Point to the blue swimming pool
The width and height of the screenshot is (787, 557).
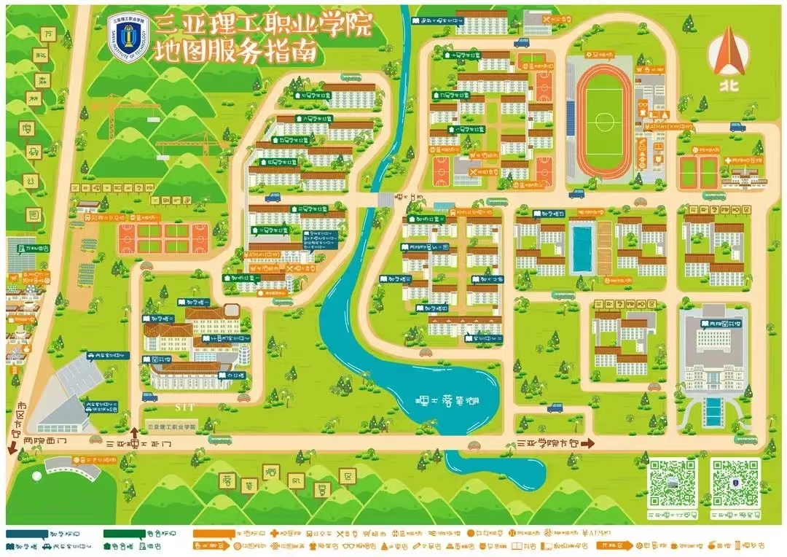pos(582,249)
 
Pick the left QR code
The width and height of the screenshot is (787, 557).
pos(672,483)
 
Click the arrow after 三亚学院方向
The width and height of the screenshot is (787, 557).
pos(588,443)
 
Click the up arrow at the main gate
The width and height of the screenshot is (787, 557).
pos(134,432)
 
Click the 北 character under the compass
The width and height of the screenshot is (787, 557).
pos(729,85)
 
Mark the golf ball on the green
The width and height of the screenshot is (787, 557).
pos(37,476)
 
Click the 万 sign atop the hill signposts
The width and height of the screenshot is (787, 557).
pos(50,34)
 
